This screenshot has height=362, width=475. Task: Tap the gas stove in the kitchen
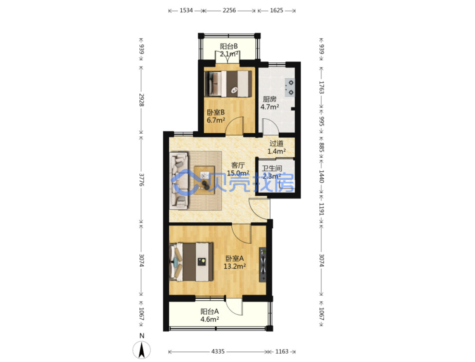tap(289, 87)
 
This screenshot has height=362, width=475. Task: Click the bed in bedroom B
tap(228, 84)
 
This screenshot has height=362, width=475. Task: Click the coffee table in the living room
tap(204, 180)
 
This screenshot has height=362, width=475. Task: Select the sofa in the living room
tap(179, 181)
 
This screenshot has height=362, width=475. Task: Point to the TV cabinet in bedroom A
tap(262, 265)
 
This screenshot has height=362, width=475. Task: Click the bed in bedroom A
tap(191, 262)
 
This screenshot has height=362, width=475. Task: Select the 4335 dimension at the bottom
tap(218, 352)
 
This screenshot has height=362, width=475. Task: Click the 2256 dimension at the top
tap(229, 10)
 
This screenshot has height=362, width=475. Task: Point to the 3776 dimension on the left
tap(141, 180)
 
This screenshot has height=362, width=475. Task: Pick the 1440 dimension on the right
tap(321, 176)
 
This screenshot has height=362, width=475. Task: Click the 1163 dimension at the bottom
tap(282, 352)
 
